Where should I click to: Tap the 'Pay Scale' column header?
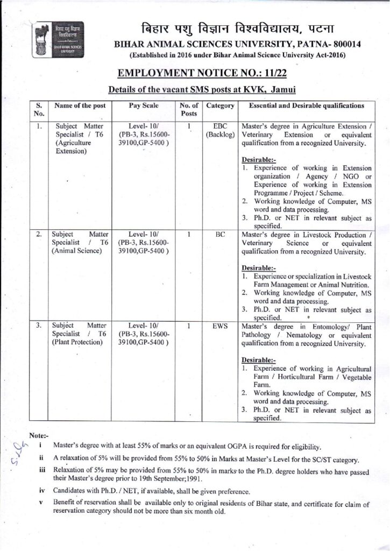[144, 106]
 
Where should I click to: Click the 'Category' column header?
[220, 106]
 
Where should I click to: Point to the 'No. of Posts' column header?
[189, 110]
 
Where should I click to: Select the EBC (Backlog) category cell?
[220, 130]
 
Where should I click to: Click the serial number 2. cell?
[39, 235]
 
